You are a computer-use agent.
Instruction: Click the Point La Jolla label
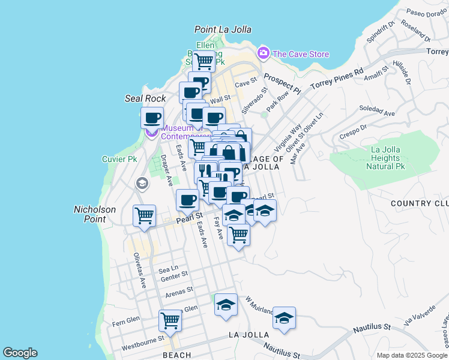coord(223,29)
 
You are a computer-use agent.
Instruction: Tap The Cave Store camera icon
coord(263,54)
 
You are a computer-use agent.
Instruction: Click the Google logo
coord(20,353)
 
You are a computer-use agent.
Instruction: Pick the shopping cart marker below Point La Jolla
coord(205,60)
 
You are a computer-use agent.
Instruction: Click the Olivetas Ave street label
coord(139,271)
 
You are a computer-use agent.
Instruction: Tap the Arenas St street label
coord(179,291)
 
